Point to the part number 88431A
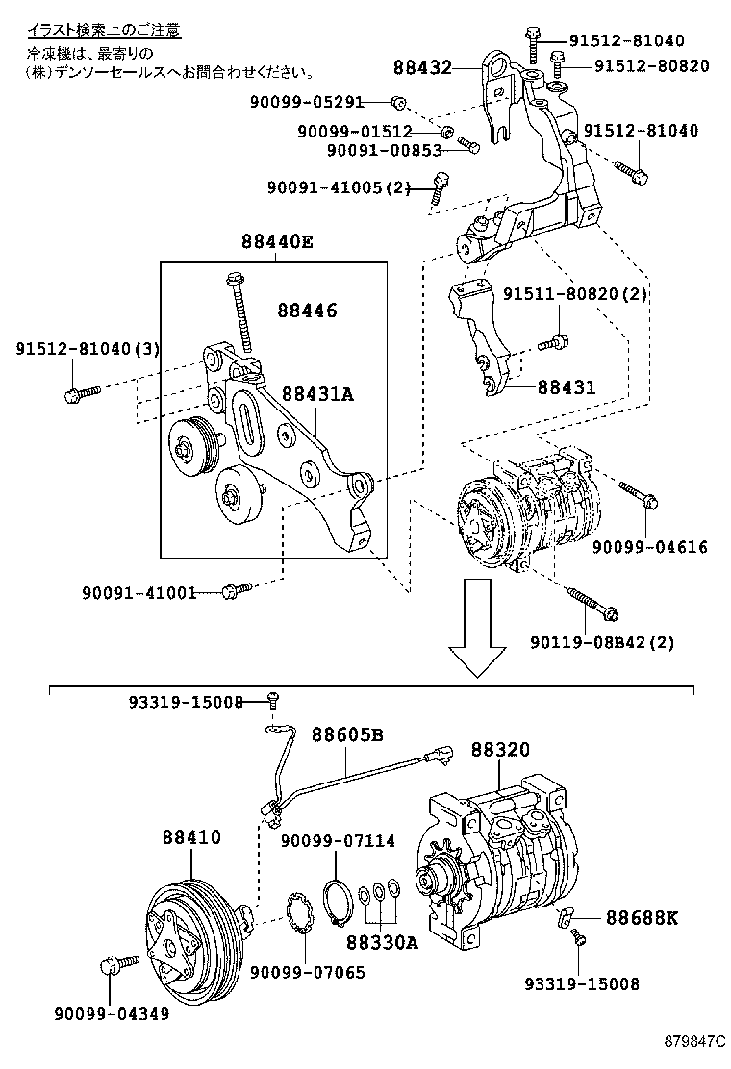point(317,394)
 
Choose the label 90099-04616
point(649,547)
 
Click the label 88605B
point(346,735)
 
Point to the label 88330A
point(382,943)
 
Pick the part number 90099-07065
point(307,972)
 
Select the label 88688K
point(642,918)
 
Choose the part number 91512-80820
point(651,66)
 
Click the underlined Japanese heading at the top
point(104,31)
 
